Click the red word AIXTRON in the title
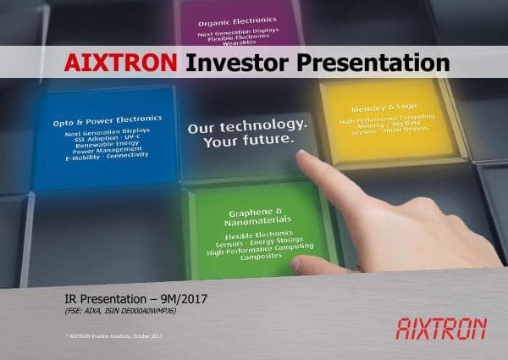click(121, 63)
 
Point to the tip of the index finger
click(303, 152)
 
